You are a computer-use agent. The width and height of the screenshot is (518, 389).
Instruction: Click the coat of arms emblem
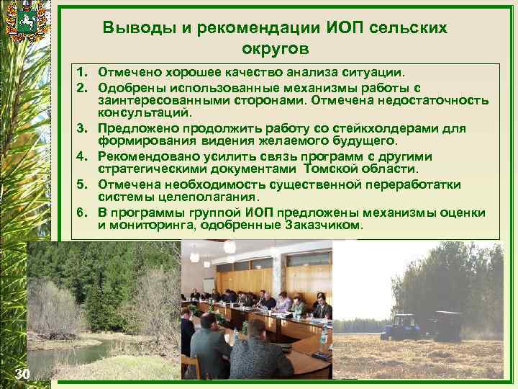[x=27, y=24]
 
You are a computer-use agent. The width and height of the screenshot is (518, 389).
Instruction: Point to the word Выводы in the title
[x=132, y=27]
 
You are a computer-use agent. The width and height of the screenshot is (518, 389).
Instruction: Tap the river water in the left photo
[x=65, y=353]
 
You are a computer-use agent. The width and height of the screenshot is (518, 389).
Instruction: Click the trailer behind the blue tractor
[x=446, y=326]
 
